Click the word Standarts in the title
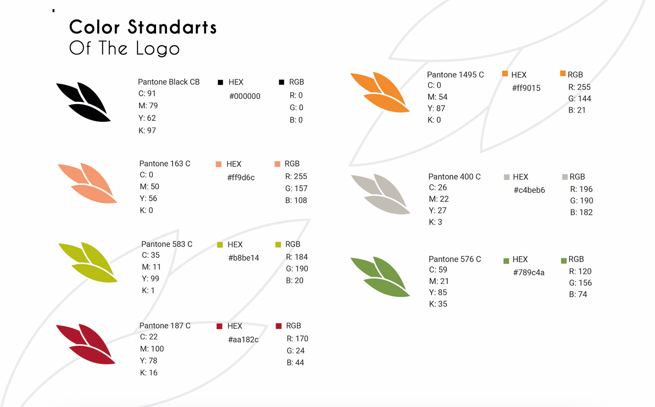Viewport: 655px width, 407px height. click(172, 27)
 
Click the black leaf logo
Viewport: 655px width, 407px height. click(83, 102)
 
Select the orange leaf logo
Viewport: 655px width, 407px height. click(380, 92)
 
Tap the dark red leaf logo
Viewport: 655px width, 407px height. click(86, 344)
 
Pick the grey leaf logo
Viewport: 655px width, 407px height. click(381, 194)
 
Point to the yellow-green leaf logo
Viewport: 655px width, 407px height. click(88, 262)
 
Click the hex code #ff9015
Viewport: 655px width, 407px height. click(526, 88)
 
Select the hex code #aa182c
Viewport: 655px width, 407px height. click(243, 339)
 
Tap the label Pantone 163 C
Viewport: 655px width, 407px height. click(165, 163)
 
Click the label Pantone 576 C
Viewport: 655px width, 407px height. click(455, 259)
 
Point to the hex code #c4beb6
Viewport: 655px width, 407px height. click(529, 190)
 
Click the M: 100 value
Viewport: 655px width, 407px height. click(152, 349)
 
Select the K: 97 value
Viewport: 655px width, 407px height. click(147, 131)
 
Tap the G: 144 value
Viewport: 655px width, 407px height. click(580, 99)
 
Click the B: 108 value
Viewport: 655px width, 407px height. click(296, 200)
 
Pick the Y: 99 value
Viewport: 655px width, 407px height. click(150, 278)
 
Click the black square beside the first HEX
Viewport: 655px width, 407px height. click(220, 82)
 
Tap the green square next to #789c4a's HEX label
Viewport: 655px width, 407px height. click(506, 261)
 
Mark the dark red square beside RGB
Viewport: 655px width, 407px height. click(279, 326)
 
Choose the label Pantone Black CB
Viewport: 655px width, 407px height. click(169, 82)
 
